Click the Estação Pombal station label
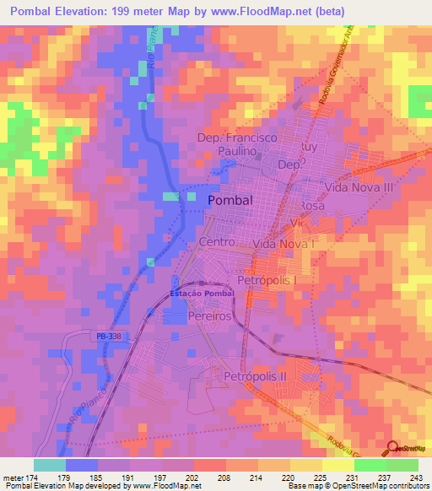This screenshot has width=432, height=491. pyautogui.click(x=200, y=293)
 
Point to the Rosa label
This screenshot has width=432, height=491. pyautogui.click(x=313, y=205)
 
